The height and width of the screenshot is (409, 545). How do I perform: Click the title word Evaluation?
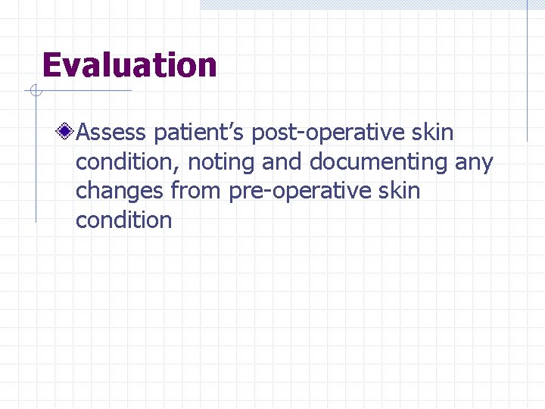[x=129, y=65]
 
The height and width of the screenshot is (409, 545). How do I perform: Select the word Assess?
[x=111, y=133]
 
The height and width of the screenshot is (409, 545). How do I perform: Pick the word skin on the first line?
[x=434, y=133]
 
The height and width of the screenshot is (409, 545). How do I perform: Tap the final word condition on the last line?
[x=124, y=220]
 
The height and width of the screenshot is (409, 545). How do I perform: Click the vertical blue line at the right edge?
[x=528, y=72]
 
